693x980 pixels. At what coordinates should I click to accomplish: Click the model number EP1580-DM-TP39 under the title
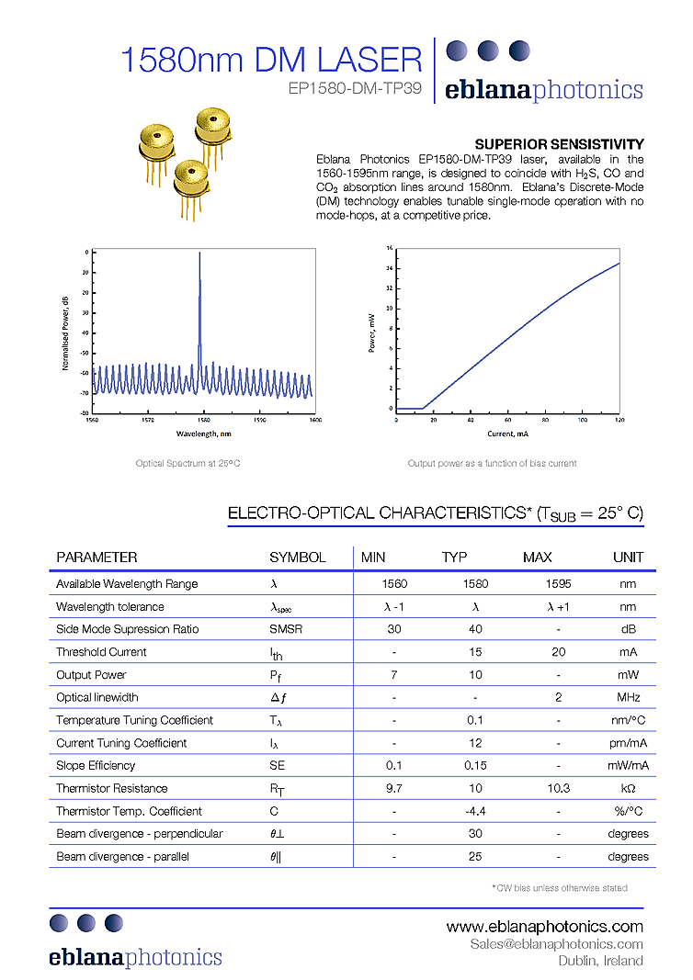355,89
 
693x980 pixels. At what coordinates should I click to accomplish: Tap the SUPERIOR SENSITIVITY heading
558,144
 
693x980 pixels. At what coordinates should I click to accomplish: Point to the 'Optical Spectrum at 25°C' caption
188,463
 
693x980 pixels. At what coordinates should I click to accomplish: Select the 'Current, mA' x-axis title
507,433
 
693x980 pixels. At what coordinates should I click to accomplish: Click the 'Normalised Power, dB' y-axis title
65,332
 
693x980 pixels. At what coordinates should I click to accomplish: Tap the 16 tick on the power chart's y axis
390,248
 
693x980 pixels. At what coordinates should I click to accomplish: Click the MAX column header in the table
537,558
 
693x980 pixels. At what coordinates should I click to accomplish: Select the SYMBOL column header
297,558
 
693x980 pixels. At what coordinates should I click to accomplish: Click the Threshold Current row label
101,652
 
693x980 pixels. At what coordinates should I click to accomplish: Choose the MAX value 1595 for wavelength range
536,584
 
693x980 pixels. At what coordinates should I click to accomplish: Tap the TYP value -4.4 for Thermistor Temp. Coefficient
475,811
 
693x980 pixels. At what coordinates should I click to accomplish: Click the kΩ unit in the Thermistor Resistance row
629,788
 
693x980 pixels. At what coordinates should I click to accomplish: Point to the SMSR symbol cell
286,629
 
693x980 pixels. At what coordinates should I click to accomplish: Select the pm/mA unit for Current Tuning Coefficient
628,743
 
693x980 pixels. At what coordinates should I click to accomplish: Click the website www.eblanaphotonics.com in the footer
544,926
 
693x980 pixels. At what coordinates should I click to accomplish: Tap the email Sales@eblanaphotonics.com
556,944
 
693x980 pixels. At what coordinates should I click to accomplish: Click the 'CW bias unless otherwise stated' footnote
561,887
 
